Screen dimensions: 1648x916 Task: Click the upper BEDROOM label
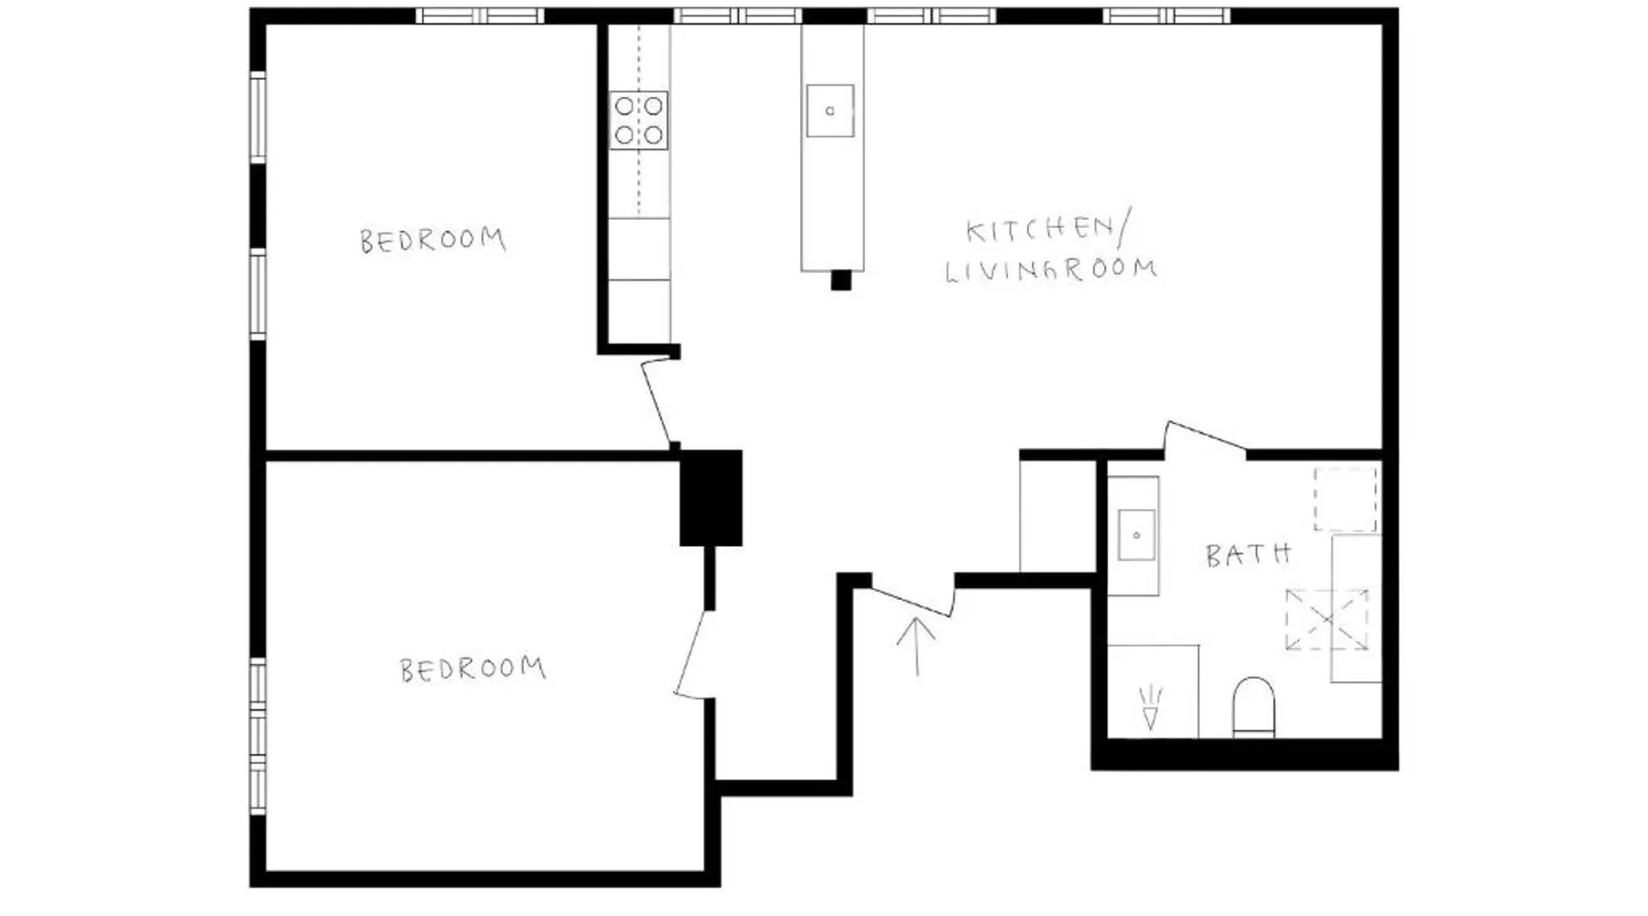click(432, 240)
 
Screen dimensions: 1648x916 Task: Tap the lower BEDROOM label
click(472, 669)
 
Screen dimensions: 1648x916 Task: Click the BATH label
click(1248, 554)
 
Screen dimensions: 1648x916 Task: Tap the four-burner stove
click(639, 120)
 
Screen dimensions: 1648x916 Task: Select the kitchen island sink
click(830, 111)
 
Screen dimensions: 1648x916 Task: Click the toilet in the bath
click(1253, 706)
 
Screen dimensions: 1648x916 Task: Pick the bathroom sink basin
click(1136, 535)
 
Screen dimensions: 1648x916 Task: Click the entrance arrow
click(916, 647)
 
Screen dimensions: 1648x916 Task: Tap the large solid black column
click(710, 498)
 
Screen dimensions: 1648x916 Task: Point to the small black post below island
click(840, 280)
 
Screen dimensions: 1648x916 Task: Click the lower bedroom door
click(693, 654)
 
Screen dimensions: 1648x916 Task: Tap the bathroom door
click(1205, 437)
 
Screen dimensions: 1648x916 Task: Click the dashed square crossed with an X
click(1327, 620)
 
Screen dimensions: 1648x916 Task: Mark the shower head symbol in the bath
click(1151, 708)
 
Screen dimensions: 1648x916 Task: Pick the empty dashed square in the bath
click(1346, 499)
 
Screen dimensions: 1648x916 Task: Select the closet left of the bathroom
click(1058, 516)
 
